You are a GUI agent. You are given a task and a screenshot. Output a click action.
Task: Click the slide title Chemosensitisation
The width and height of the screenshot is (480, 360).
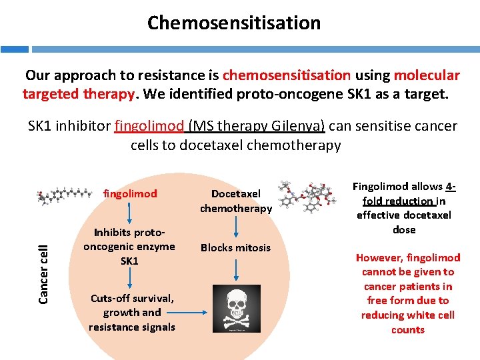234,23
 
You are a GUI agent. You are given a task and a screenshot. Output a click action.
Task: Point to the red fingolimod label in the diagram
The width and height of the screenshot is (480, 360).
130,194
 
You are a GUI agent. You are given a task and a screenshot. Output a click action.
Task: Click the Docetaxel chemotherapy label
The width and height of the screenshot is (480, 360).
236,201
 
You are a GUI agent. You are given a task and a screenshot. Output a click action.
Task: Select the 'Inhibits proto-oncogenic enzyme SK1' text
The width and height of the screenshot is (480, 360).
129,247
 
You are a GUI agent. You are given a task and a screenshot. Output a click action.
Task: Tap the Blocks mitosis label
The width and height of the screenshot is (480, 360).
236,247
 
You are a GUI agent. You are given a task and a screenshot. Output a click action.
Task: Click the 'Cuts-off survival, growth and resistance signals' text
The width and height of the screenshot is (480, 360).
131,312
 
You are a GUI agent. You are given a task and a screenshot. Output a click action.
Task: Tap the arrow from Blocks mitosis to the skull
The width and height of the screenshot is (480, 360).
236,269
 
